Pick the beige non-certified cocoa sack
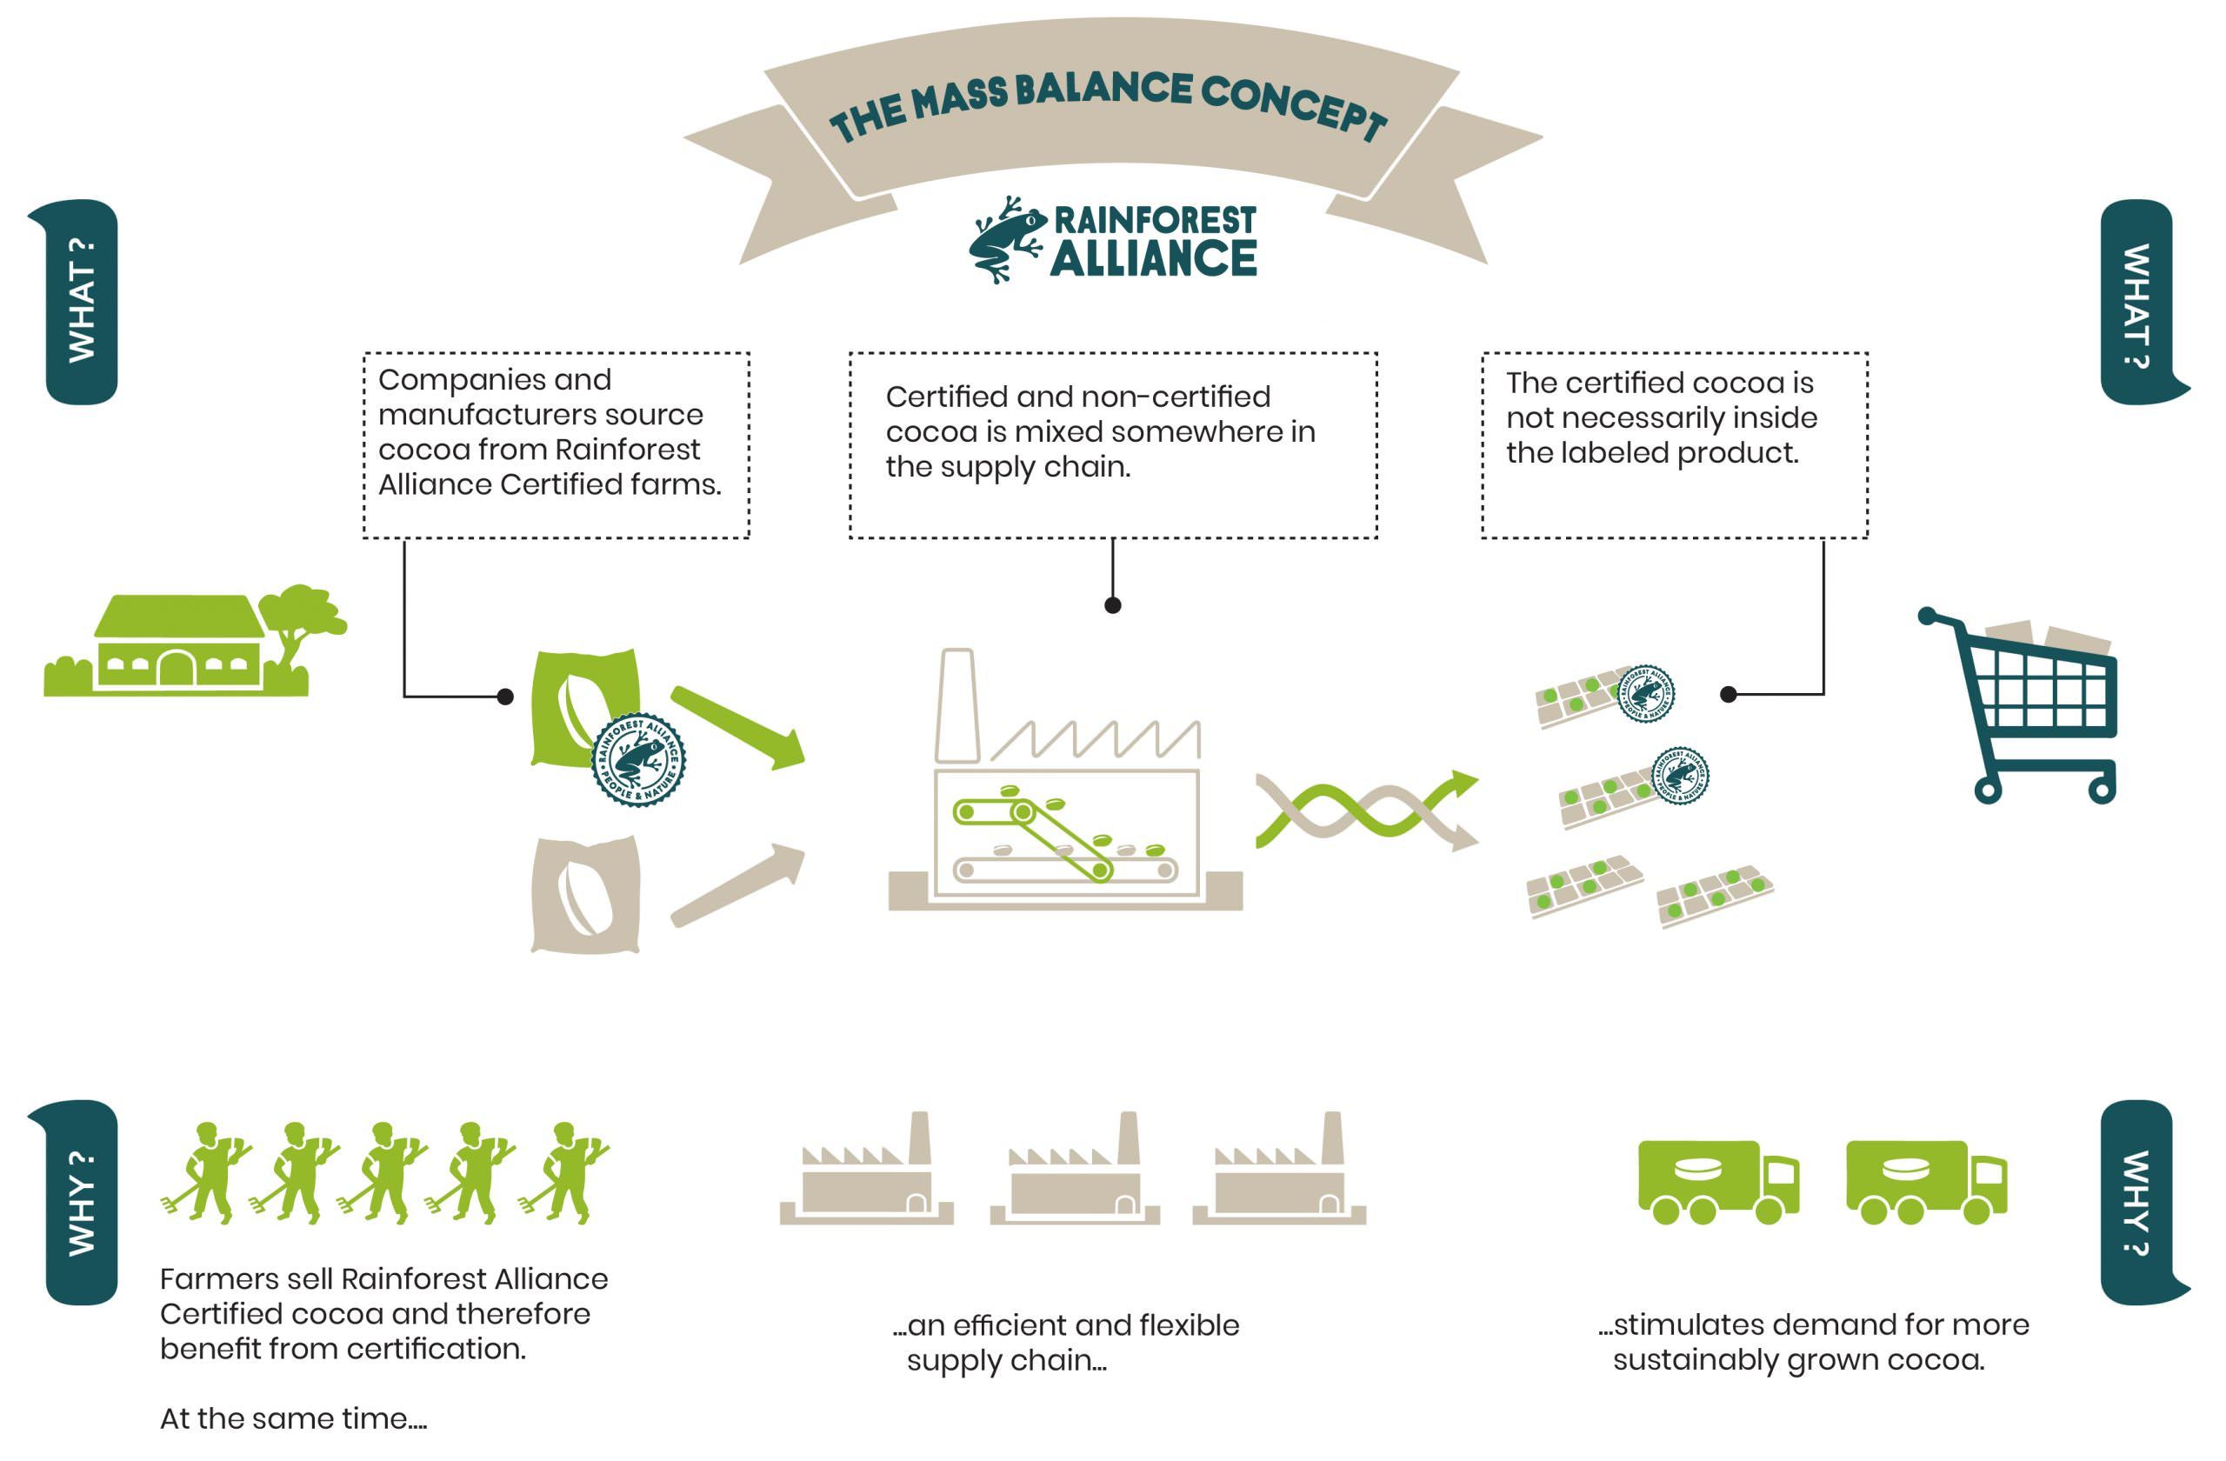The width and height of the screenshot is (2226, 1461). click(585, 895)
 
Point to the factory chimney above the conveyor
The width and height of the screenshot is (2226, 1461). click(956, 705)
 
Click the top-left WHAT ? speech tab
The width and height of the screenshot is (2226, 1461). click(82, 301)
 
